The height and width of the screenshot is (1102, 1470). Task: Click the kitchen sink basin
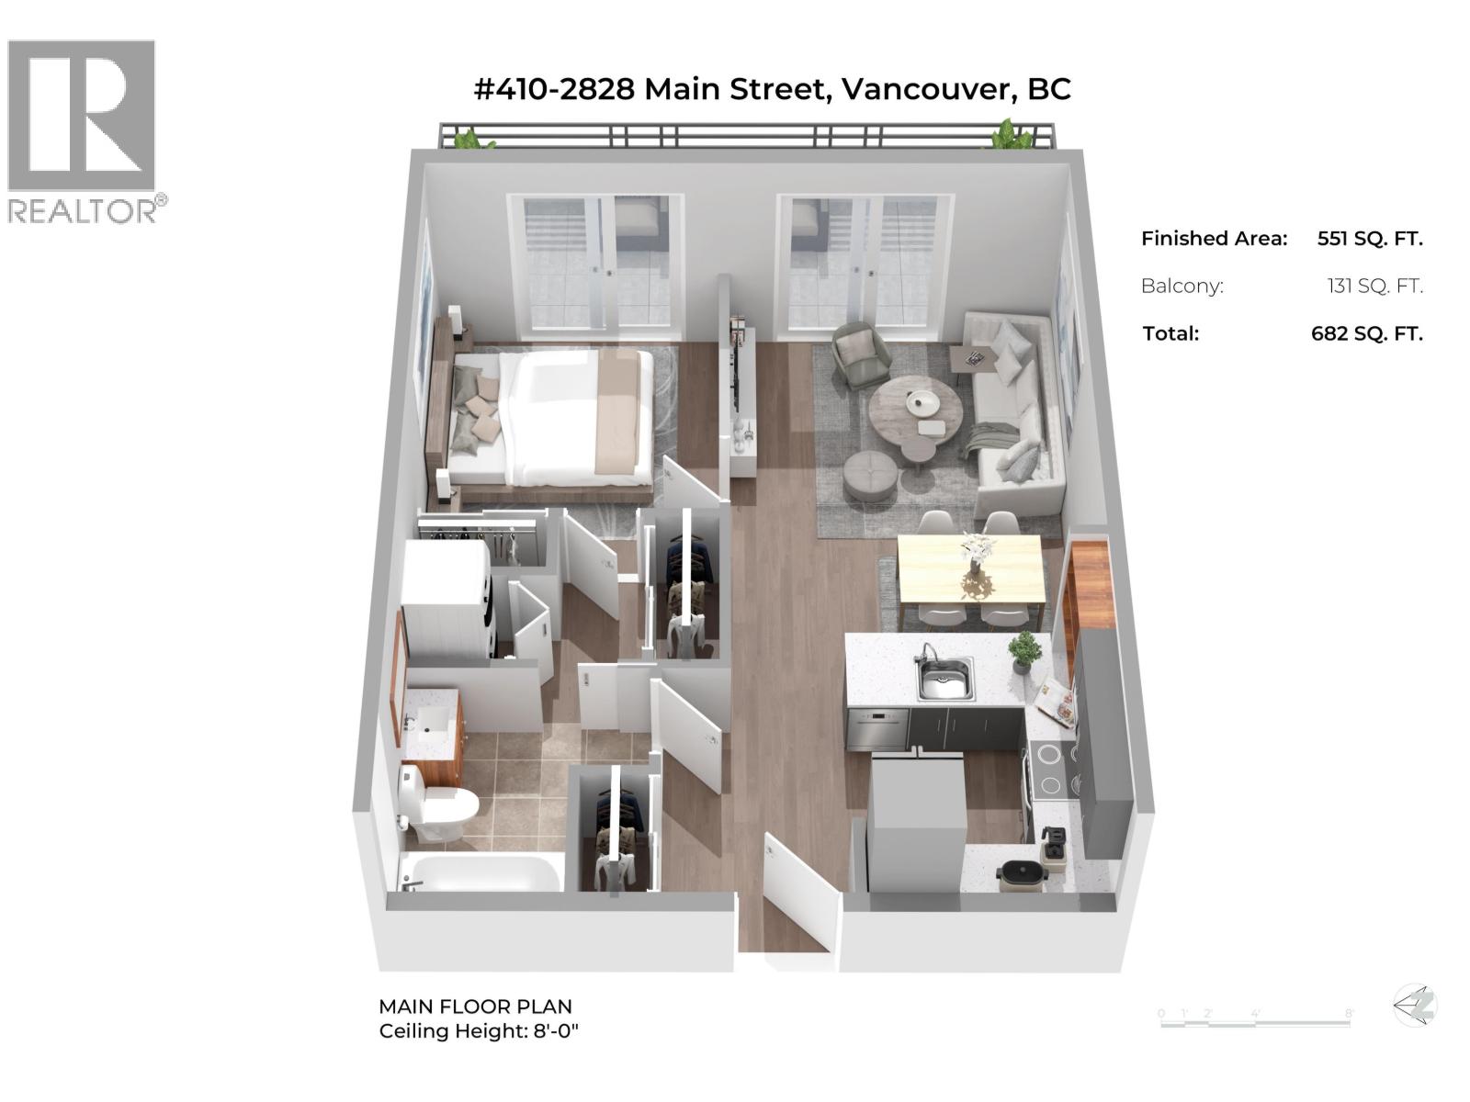point(945,680)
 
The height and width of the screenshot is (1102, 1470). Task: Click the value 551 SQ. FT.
point(1369,239)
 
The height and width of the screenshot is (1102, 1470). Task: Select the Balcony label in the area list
point(1182,286)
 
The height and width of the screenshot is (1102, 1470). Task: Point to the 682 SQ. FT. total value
point(1366,333)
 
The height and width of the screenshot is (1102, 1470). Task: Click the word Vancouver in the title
point(928,89)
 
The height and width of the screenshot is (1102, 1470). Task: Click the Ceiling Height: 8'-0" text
point(479,1031)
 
